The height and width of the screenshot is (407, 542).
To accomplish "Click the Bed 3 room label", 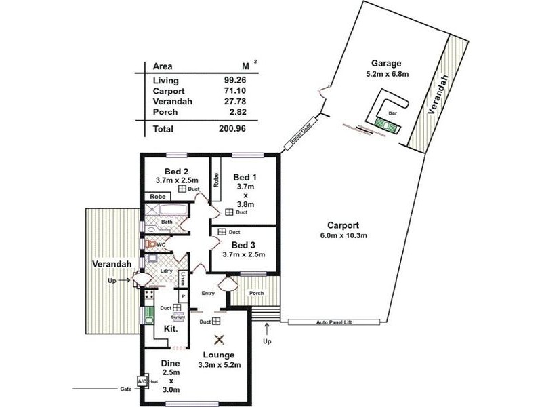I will click(x=243, y=244).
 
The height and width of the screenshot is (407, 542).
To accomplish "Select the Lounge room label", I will click(x=217, y=355).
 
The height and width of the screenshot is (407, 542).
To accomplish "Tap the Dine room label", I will click(x=170, y=363).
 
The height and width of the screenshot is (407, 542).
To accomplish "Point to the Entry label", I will click(x=207, y=294).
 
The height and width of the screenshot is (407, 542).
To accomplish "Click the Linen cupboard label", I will click(x=182, y=279).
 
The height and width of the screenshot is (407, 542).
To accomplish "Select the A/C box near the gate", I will click(x=142, y=382).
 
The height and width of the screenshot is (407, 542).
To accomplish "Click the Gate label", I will click(x=125, y=389).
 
